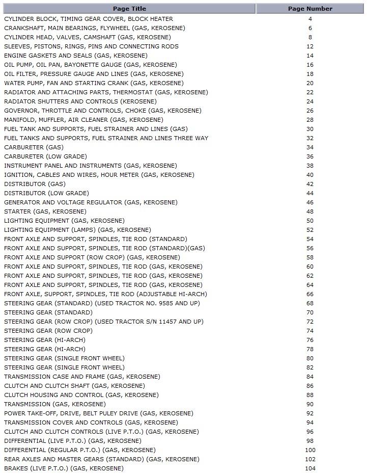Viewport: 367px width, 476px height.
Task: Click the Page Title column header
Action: (129, 9)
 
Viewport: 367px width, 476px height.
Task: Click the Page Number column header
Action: (310, 9)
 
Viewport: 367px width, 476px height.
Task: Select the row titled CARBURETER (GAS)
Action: (34, 147)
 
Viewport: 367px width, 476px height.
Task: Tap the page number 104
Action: (310, 468)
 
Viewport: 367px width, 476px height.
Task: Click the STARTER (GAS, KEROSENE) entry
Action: (45, 211)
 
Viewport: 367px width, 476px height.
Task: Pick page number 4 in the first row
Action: (310, 19)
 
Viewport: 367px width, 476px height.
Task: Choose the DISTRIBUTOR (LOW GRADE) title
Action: (46, 193)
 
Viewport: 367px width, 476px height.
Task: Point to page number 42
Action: (310, 184)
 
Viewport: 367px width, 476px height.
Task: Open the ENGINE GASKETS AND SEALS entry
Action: (76, 56)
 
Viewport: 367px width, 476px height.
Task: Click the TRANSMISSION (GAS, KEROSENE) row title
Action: (55, 404)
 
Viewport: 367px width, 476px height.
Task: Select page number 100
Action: (310, 450)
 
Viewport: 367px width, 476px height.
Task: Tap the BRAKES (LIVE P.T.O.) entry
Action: (64, 468)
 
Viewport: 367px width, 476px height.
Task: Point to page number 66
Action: (310, 294)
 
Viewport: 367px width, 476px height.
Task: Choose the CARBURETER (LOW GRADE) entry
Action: (45, 156)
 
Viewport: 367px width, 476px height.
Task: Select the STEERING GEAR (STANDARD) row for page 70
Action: (48, 312)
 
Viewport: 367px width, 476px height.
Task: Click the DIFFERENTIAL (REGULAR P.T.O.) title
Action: (80, 450)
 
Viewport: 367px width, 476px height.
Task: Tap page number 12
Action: (310, 46)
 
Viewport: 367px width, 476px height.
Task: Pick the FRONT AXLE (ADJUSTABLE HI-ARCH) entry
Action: (105, 294)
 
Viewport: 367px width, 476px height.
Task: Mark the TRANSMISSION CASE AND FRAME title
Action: (82, 377)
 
